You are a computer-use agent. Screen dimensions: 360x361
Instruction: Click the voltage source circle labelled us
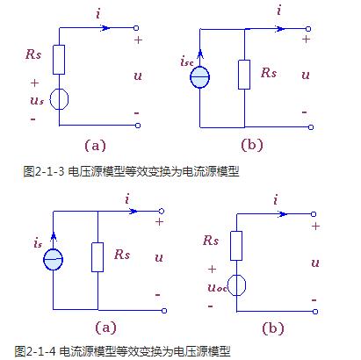click(x=59, y=97)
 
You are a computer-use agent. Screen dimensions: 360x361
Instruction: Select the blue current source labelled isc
click(x=201, y=75)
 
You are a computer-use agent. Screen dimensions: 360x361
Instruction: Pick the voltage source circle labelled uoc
click(x=235, y=284)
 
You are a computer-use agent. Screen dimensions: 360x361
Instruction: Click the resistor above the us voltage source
click(x=59, y=60)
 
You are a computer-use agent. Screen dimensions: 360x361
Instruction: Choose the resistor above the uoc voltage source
click(x=235, y=245)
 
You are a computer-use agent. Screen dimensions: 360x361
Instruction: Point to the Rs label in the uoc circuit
click(x=210, y=239)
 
